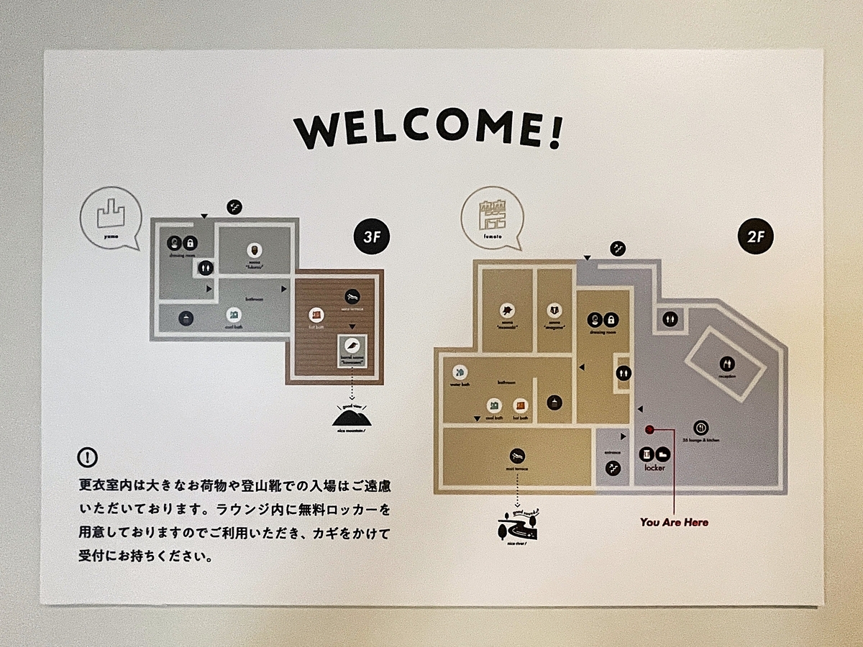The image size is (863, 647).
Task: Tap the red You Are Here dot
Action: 649,430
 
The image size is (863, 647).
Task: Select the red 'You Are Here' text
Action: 674,522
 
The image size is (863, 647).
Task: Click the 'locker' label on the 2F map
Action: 655,468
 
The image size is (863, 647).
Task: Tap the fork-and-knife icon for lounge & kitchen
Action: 702,427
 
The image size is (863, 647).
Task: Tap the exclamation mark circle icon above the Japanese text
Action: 88,457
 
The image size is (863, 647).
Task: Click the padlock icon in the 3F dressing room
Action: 190,243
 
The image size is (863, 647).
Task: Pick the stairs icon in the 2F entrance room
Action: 613,468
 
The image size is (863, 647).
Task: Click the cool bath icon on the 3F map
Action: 232,315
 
